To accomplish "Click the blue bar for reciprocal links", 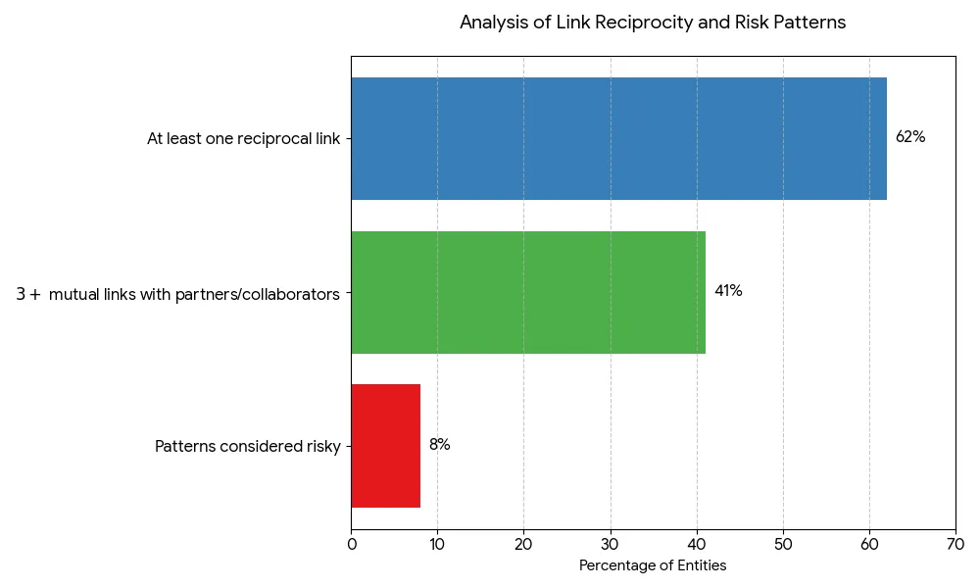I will point(617,138).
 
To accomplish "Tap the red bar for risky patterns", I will point(385,446).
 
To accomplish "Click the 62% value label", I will point(910,137).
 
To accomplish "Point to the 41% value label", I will point(728,291).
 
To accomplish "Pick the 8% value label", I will point(439,445).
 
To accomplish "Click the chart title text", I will point(653,23).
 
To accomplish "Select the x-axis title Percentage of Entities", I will point(653,565).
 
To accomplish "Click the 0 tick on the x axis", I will point(352,544).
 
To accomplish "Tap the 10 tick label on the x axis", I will point(437,544).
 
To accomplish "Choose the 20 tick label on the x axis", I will point(523,544).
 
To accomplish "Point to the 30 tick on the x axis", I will point(611,544).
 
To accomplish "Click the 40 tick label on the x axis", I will point(697,544).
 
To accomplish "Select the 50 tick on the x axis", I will point(783,544).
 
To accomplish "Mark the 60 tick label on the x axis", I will point(869,544).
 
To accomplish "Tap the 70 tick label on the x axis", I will point(955,544).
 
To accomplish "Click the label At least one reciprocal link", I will point(244,139).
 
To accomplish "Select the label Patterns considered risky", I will point(248,447).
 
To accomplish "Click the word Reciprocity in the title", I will point(640,23).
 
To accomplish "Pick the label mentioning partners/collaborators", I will point(178,293).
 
